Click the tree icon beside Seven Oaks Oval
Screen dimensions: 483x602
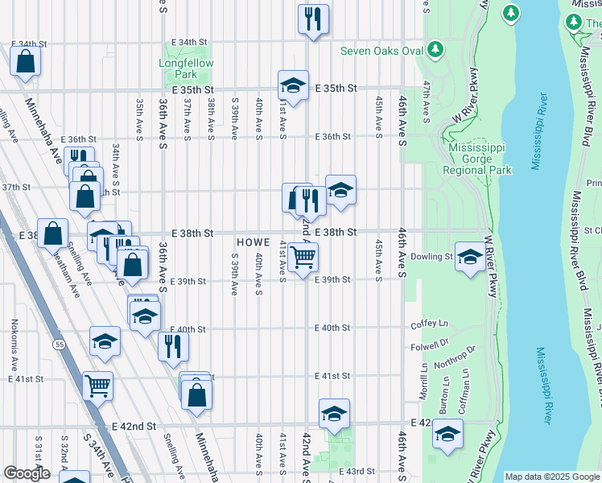point(435,51)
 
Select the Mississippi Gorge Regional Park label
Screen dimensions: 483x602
point(480,159)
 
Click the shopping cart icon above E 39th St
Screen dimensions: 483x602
point(303,258)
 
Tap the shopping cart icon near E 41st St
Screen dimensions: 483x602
point(97,385)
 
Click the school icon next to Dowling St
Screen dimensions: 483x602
point(470,257)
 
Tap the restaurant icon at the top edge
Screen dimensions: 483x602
point(313,19)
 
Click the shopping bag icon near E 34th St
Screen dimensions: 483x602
point(26,60)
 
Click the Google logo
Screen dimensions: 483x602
point(27,473)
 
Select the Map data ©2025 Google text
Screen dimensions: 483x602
point(551,477)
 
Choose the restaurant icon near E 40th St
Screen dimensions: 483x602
point(173,345)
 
